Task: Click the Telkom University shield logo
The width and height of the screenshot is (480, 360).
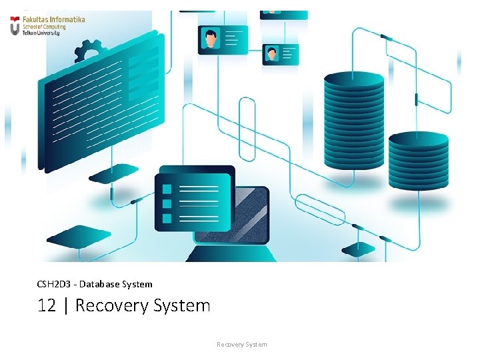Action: pyautogui.click(x=15, y=25)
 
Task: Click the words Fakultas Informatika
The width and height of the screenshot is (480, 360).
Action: pyautogui.click(x=53, y=20)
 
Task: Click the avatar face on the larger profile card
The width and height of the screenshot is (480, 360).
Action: pyautogui.click(x=211, y=38)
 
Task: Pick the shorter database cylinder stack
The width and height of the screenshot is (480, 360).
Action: pyautogui.click(x=418, y=160)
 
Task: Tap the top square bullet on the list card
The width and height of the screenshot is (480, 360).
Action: pyautogui.click(x=167, y=187)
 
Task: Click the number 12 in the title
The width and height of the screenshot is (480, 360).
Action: pyautogui.click(x=46, y=306)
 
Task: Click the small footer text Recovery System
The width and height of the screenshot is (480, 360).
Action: pyautogui.click(x=241, y=345)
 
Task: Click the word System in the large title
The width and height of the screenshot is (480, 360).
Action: pyautogui.click(x=181, y=306)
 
